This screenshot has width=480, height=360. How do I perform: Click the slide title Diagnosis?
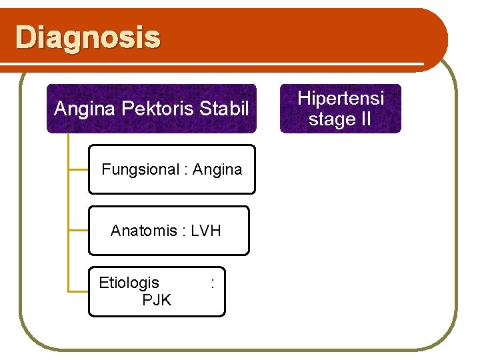[87, 38]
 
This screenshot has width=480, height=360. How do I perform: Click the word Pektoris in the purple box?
[145, 108]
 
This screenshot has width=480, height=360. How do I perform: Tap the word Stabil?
[223, 108]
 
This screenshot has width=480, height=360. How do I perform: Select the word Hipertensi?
[341, 98]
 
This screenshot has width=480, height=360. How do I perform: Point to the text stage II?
[340, 119]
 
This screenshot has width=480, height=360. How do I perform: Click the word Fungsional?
[140, 169]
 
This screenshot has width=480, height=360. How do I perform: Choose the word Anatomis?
[143, 231]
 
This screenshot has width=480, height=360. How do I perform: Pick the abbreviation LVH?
[205, 231]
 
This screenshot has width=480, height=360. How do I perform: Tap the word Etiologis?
[129, 283]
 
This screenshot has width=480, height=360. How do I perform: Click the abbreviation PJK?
[157, 300]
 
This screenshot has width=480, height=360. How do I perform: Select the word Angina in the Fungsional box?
[217, 169]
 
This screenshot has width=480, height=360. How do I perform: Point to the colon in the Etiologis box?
[212, 283]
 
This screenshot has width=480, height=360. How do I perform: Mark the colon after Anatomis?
[184, 231]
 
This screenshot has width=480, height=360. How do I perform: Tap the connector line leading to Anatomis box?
[79, 231]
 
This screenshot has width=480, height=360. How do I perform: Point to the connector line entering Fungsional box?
[79, 170]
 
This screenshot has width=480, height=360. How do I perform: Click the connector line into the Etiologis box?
[79, 291]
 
